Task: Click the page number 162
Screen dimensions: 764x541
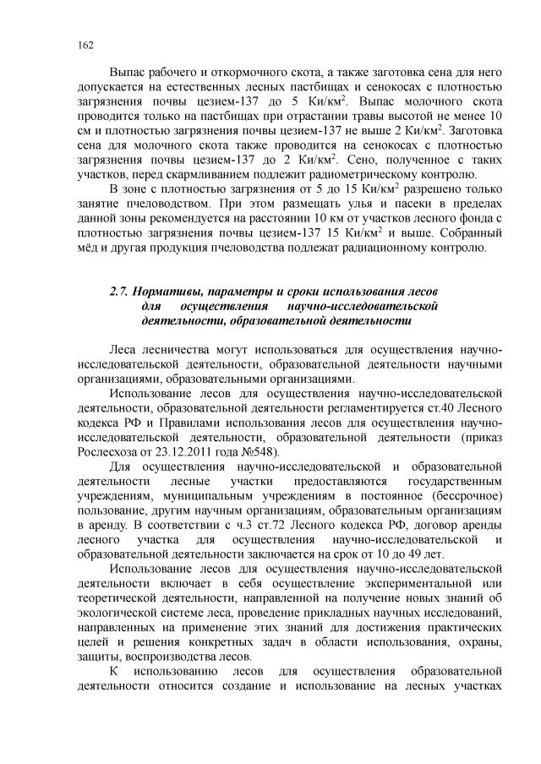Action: tap(83, 44)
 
